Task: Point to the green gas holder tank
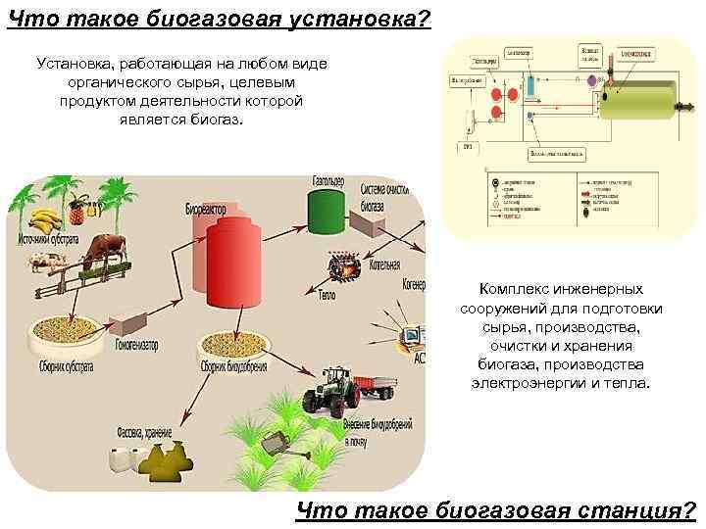pos(323,212)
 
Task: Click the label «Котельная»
pos(378,264)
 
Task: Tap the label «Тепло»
pos(327,294)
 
